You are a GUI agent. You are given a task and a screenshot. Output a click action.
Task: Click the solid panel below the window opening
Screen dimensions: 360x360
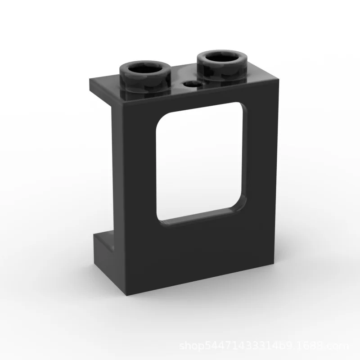(198, 252)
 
